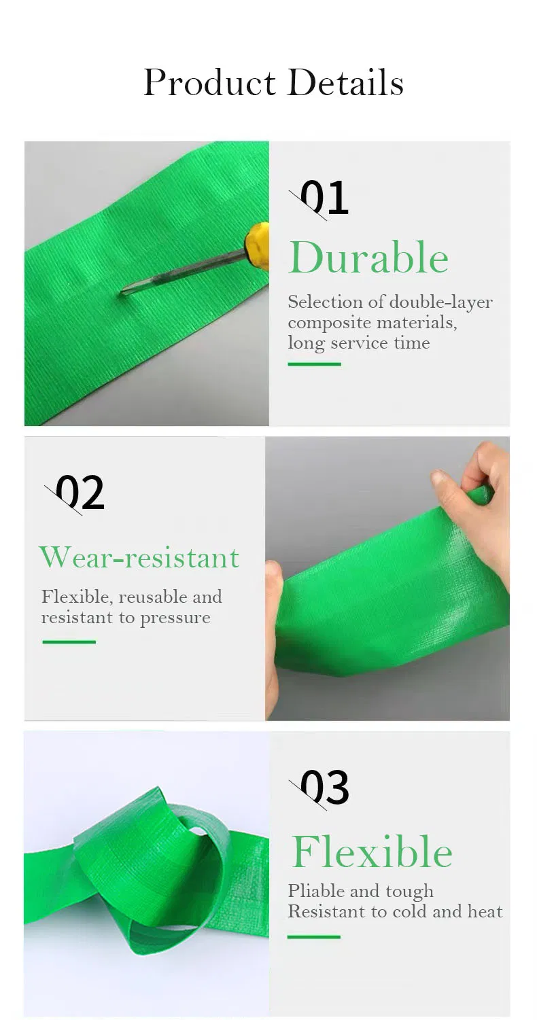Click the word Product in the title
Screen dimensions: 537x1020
tap(209, 83)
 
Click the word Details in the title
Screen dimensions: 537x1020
tap(345, 82)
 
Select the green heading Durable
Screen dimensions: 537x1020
tap(368, 258)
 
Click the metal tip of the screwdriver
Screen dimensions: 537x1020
tap(125, 292)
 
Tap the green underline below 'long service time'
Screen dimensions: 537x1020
tap(314, 364)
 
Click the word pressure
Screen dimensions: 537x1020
tap(175, 619)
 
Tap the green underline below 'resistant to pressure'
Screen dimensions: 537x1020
tap(69, 641)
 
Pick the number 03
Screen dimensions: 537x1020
tap(324, 787)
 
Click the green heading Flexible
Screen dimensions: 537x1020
tap(372, 852)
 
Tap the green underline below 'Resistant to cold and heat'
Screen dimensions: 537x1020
tap(314, 936)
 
